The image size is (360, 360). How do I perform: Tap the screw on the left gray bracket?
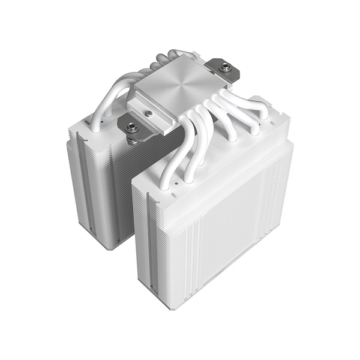pyautogui.click(x=131, y=127)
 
